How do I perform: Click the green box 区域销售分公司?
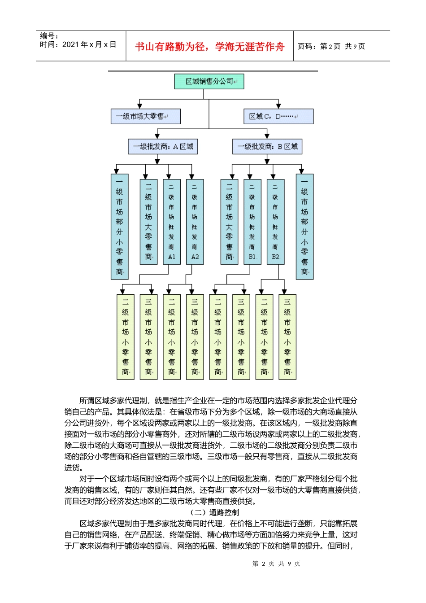[209, 82]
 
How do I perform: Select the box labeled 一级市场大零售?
[145, 116]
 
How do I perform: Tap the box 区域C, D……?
[278, 116]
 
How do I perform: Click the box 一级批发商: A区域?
[163, 146]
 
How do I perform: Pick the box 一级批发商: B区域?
[267, 146]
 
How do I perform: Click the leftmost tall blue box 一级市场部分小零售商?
[119, 227]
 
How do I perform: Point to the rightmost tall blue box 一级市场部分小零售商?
[304, 227]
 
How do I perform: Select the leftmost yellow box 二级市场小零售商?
[125, 336]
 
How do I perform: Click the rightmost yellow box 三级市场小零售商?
[287, 336]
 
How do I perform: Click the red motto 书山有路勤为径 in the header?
[209, 47]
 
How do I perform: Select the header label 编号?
[49, 36]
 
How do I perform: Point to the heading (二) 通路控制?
[214, 512]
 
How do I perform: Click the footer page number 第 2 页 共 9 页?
[276, 564]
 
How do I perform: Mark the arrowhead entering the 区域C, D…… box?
[278, 106]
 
